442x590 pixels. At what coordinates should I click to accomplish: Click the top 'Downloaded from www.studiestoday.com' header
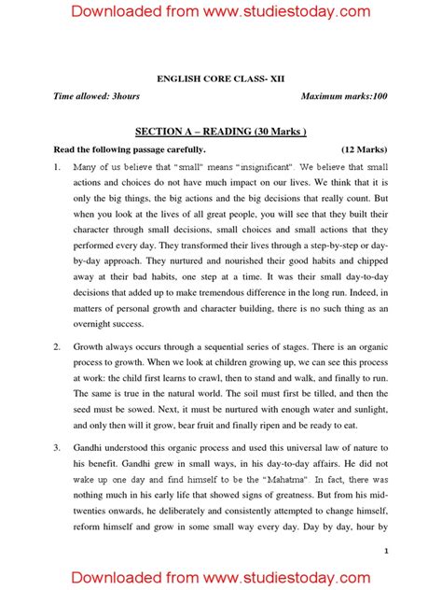point(221,11)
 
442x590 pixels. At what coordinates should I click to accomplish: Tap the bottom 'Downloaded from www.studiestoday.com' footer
point(221,571)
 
